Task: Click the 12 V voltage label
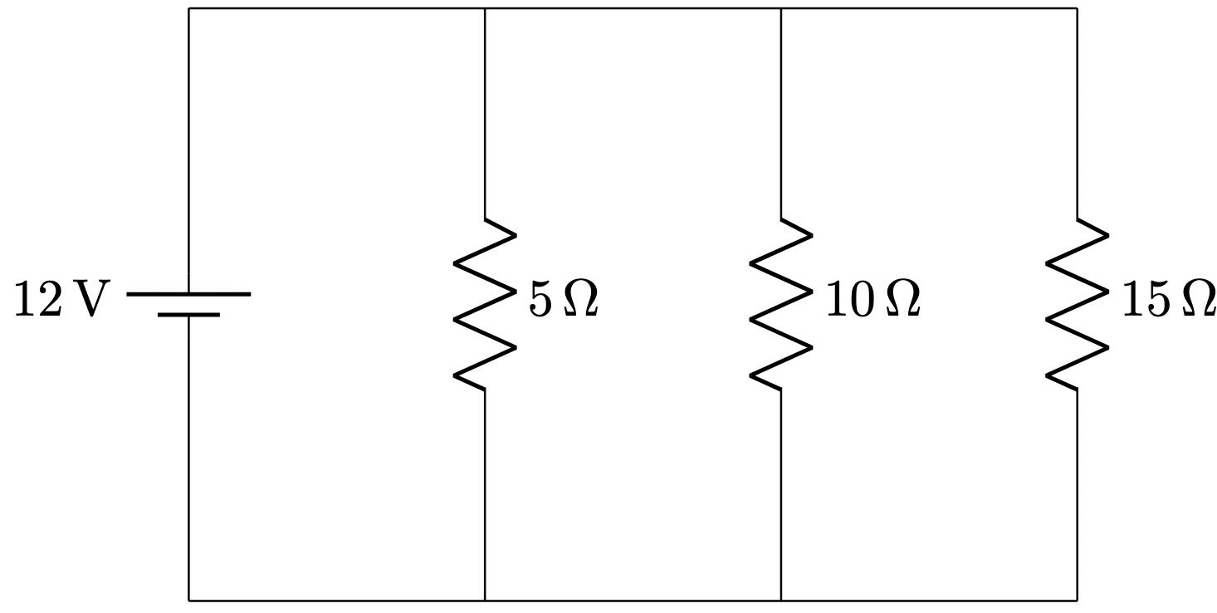[x=61, y=301]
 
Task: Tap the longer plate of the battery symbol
[x=188, y=294]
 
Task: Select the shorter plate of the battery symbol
[x=188, y=315]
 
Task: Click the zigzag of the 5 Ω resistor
[x=485, y=304]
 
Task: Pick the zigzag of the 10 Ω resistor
[x=781, y=304]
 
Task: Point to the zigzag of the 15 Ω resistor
[x=1077, y=304]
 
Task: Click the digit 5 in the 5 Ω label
[x=540, y=301]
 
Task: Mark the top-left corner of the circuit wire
[x=189, y=9]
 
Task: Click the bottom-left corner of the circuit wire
[x=189, y=600]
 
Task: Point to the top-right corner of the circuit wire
[x=1078, y=9]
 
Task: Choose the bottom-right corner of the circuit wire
[x=1078, y=600]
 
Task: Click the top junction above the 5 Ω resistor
[x=485, y=9]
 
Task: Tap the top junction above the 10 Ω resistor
[x=781, y=9]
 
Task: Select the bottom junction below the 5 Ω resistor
[x=485, y=600]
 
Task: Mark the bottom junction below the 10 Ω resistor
[x=781, y=600]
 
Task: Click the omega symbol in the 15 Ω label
[x=1199, y=301]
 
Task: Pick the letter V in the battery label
[x=91, y=301]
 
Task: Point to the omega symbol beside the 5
[x=580, y=301]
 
